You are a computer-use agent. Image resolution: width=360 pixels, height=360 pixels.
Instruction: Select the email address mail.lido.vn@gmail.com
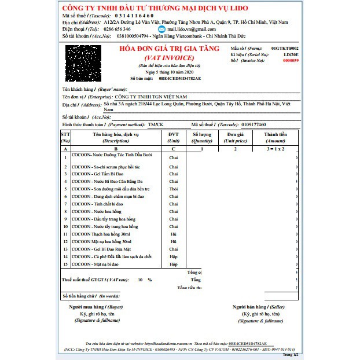coord(191,28)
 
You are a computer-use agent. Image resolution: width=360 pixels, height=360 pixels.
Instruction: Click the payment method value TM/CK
coord(155,124)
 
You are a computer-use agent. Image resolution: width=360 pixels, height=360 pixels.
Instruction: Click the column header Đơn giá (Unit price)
coord(236,137)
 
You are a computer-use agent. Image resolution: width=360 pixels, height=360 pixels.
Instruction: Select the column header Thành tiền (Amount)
coord(275,137)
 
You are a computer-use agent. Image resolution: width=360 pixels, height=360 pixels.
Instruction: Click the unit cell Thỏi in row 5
coord(173,189)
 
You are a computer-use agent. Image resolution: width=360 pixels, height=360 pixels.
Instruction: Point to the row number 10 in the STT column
coord(66,226)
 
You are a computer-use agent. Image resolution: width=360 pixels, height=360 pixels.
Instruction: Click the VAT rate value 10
coord(139,279)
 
